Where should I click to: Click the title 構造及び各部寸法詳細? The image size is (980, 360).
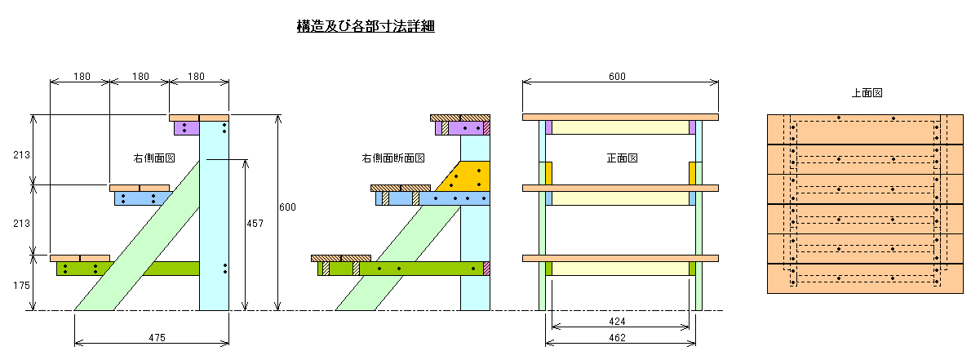[x=366, y=26]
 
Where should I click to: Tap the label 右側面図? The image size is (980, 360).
[x=154, y=158]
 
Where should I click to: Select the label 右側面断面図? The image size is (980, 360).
[x=392, y=158]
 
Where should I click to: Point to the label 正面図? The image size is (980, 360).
[x=622, y=158]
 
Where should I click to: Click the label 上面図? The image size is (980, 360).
[x=867, y=93]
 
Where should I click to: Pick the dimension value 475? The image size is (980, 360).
[x=157, y=338]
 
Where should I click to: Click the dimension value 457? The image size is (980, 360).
[x=255, y=224]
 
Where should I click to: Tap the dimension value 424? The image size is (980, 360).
[x=617, y=322]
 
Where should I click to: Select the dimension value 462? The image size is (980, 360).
[x=617, y=338]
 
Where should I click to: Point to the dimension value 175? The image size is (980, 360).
[x=21, y=286]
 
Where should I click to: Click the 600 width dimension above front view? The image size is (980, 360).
[x=617, y=77]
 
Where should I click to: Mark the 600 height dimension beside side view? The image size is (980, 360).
[x=287, y=207]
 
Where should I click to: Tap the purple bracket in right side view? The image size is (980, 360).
[x=187, y=128]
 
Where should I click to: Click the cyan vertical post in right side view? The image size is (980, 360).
[x=214, y=216]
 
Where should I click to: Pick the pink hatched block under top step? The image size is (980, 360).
[x=486, y=128]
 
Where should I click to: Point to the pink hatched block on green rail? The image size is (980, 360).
[x=486, y=269]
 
